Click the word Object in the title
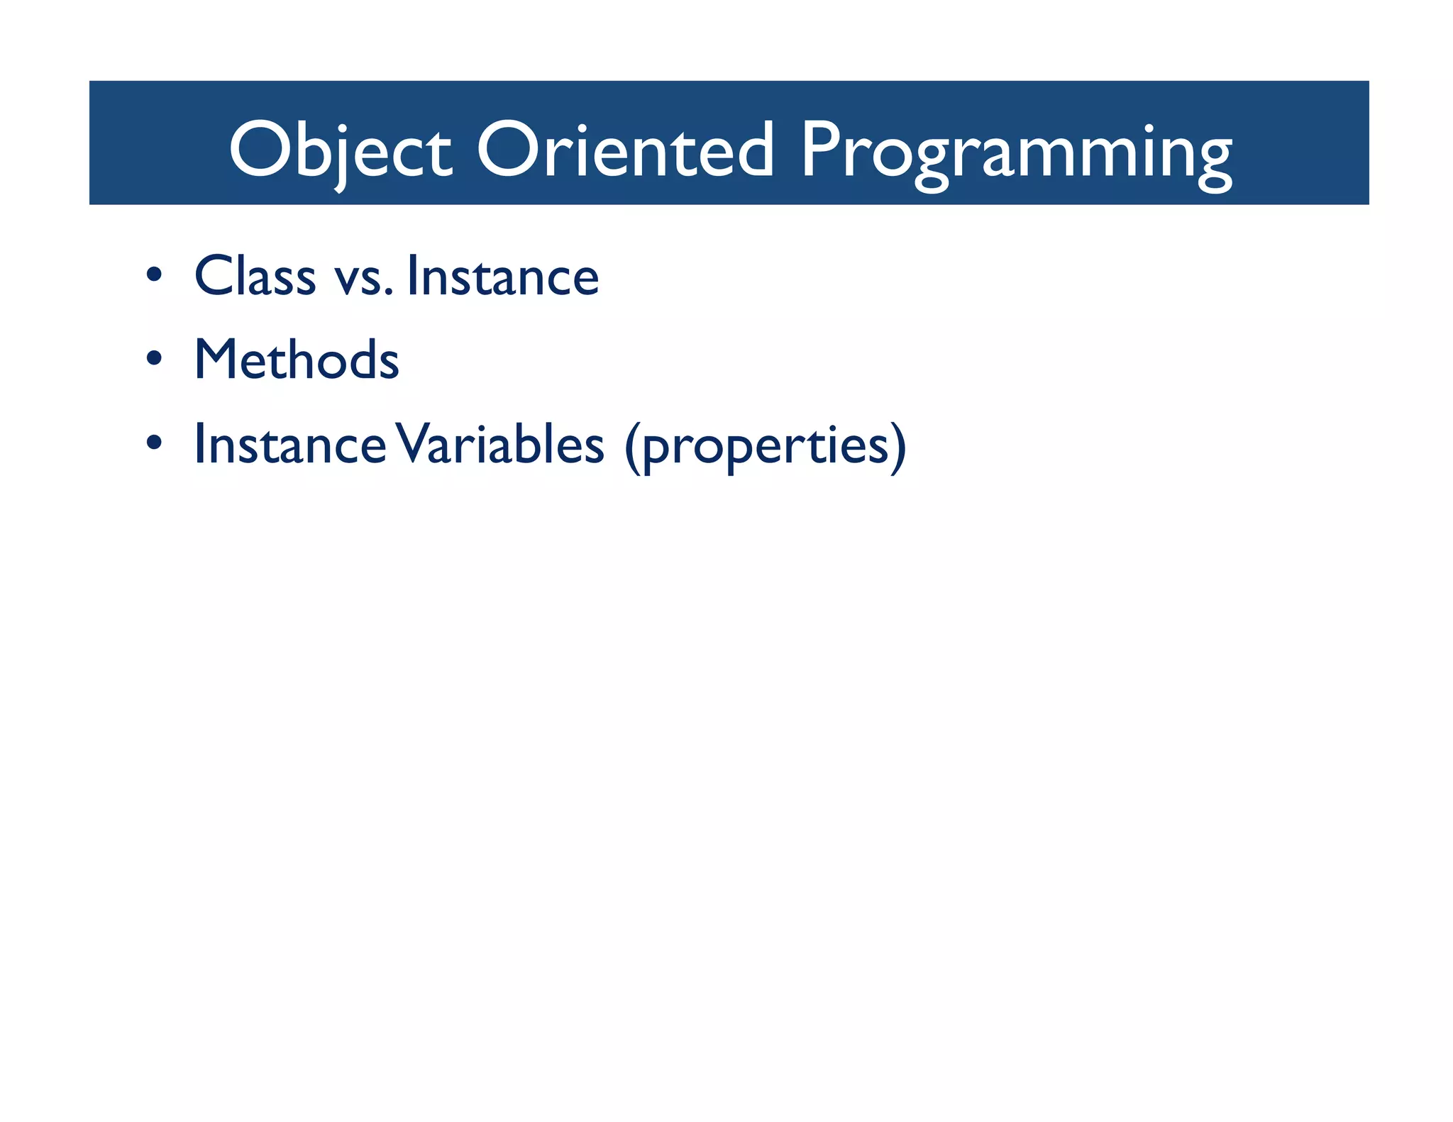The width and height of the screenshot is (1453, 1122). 340,150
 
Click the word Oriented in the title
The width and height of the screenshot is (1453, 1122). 624,150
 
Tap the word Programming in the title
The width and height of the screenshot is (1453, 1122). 1016,152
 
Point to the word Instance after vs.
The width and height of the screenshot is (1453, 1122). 503,276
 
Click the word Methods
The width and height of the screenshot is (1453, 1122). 297,360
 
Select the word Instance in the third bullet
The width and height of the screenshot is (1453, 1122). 289,445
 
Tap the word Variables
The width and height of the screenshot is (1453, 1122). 499,445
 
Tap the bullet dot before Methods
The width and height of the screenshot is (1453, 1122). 154,358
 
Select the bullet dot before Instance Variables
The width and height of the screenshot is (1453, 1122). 154,443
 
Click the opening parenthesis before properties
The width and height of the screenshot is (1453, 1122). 632,447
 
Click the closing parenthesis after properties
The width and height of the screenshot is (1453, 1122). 898,447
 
